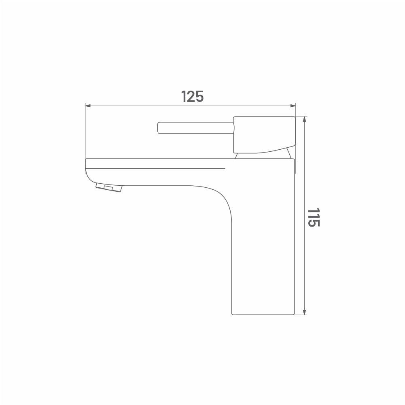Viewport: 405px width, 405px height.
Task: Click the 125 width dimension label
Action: pyautogui.click(x=192, y=96)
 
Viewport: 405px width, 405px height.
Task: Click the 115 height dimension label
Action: pyautogui.click(x=314, y=217)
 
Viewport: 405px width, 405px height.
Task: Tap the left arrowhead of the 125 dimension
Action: pyautogui.click(x=88, y=106)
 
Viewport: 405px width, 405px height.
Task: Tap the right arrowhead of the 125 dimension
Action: pyautogui.click(x=293, y=106)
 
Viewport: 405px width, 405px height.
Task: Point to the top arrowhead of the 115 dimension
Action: pyautogui.click(x=305, y=119)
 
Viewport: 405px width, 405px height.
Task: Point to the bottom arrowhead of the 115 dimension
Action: pyautogui.click(x=305, y=312)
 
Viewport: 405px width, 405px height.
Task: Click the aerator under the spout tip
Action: pyautogui.click(x=109, y=187)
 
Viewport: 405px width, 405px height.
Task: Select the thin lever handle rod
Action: pyautogui.click(x=195, y=128)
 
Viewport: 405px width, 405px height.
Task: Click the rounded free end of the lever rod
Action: pyautogui.click(x=158, y=128)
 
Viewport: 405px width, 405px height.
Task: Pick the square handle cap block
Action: pyautogui.click(x=264, y=134)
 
